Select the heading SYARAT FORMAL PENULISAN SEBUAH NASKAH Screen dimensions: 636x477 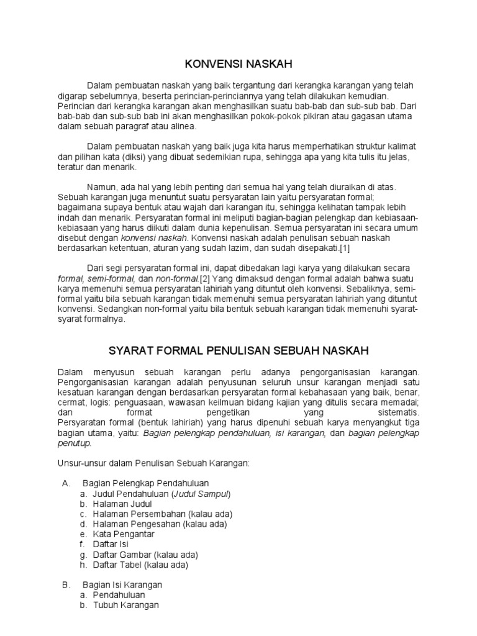point(238,352)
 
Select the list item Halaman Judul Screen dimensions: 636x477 point(122,504)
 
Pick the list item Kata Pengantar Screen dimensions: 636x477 point(124,534)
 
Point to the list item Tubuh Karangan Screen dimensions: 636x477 point(126,605)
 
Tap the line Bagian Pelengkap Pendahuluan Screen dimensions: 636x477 point(145,483)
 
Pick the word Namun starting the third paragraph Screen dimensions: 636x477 point(102,187)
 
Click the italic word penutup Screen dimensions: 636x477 point(74,443)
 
